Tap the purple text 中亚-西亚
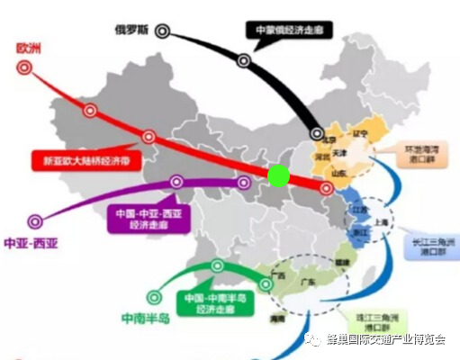coord(31,244)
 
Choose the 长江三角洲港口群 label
coord(430,246)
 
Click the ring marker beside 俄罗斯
coord(162,30)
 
